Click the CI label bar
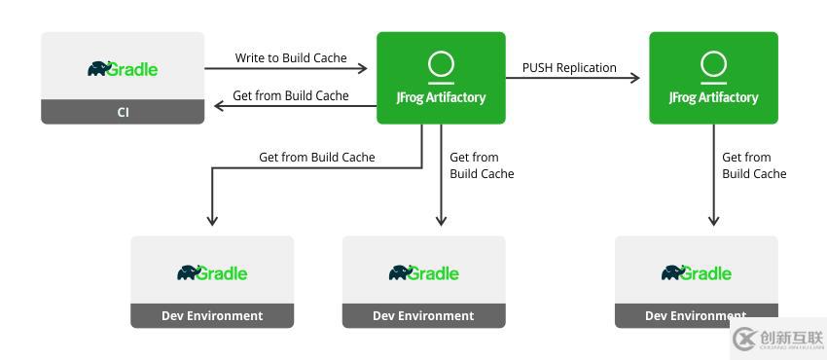pos(123,112)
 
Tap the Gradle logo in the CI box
pos(123,68)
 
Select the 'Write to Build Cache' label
pos(291,58)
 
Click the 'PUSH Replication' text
pos(569,68)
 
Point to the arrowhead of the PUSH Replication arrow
pos(635,79)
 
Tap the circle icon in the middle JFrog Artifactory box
pos(441,64)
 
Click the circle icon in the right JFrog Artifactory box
pos(713,64)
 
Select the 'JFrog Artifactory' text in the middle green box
pos(441,97)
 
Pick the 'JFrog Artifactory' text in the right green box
pos(713,97)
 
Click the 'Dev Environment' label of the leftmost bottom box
pos(212,315)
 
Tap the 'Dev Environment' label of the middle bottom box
pos(423,315)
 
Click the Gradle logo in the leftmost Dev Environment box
pos(212,272)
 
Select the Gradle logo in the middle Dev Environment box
pos(423,272)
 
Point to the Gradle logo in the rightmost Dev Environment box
pos(697,272)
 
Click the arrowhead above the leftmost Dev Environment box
pos(212,221)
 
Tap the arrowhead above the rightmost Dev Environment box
pos(713,221)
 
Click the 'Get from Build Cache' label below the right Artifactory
pos(754,165)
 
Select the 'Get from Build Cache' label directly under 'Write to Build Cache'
pos(291,96)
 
